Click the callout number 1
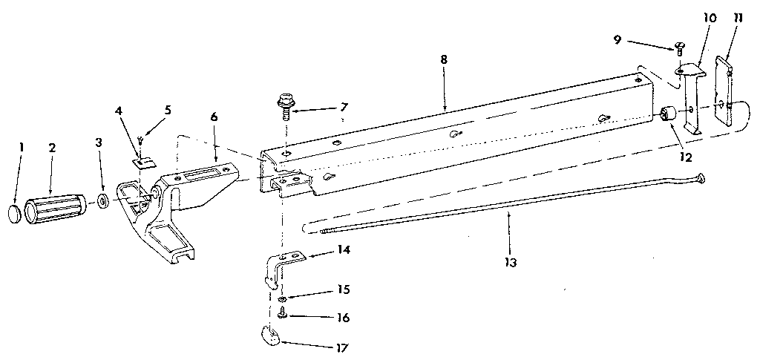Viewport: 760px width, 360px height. [x=22, y=147]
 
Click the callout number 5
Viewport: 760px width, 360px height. [x=168, y=111]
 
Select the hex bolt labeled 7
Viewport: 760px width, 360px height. [x=284, y=102]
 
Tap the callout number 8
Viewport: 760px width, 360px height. [x=443, y=59]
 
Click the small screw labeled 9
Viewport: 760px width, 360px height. [x=680, y=49]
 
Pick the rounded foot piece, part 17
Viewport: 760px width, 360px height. [x=271, y=336]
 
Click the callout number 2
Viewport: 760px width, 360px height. [x=52, y=147]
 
